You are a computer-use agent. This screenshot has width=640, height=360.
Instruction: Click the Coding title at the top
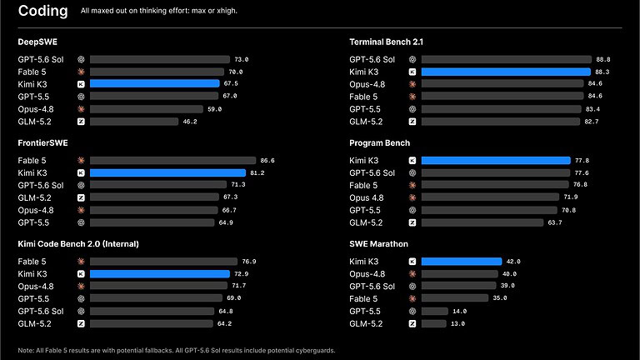click(42, 11)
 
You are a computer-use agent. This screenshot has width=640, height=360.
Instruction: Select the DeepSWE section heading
click(37, 42)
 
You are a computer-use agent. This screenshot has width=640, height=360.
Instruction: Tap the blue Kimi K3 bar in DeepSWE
click(155, 83)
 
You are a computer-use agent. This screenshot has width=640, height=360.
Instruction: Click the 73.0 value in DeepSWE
click(241, 60)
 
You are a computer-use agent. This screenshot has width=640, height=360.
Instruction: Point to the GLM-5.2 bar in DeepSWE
click(134, 122)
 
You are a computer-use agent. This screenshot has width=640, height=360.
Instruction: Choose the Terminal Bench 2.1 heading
click(386, 42)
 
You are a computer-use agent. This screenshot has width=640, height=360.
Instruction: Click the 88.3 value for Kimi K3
click(602, 72)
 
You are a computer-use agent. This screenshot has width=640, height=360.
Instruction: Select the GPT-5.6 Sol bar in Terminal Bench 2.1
click(506, 60)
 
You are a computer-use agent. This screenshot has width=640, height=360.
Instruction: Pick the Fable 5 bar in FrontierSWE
click(172, 160)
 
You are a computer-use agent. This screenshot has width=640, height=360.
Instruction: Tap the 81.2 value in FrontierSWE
click(257, 173)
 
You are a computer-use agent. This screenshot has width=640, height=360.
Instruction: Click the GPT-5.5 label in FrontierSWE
click(33, 222)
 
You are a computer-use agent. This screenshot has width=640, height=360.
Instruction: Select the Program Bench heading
click(380, 143)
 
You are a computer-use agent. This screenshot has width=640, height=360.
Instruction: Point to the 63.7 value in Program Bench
click(555, 222)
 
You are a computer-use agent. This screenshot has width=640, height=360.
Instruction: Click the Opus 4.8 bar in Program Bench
click(490, 197)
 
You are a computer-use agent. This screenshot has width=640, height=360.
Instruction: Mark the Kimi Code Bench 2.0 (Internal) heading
click(78, 244)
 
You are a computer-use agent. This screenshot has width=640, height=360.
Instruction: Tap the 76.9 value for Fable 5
click(249, 262)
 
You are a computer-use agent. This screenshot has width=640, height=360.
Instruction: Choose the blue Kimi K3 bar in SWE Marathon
click(462, 261)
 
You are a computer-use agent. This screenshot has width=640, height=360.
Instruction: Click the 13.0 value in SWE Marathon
click(457, 323)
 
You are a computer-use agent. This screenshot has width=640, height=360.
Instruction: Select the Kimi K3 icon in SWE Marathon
click(412, 262)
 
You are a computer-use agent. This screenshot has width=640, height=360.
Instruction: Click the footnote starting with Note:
click(177, 350)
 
